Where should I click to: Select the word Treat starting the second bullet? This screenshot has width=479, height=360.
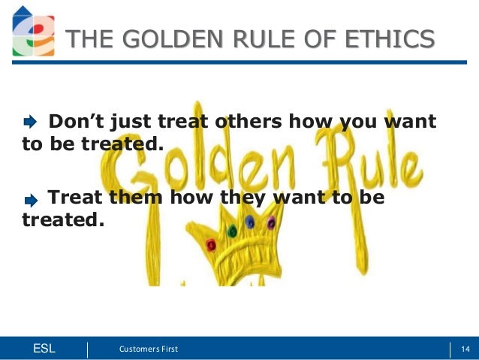point(73,198)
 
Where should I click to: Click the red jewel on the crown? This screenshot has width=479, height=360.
point(211,244)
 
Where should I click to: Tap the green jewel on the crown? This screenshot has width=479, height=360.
point(232,230)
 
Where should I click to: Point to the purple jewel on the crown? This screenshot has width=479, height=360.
point(271,222)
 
